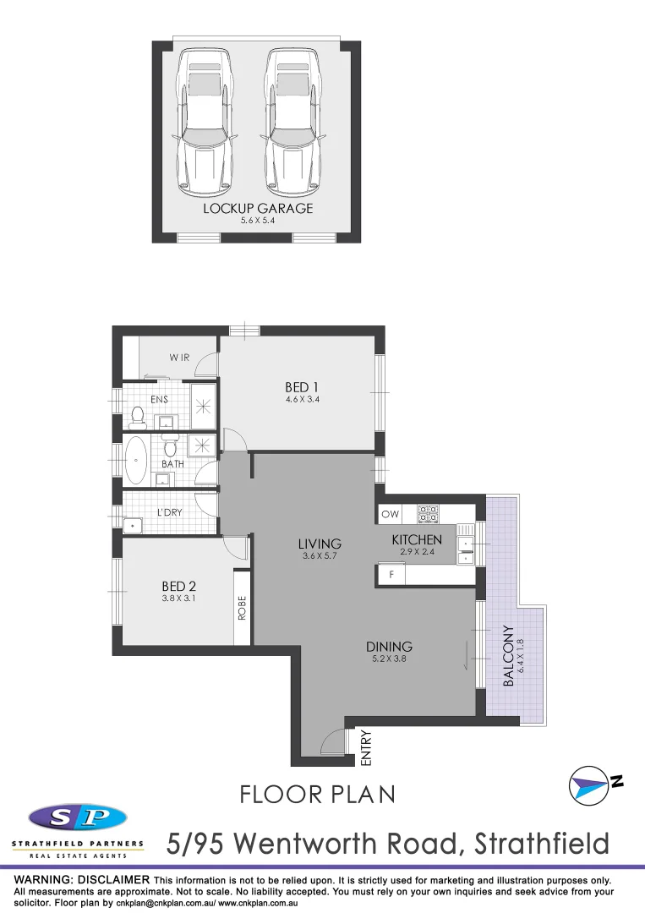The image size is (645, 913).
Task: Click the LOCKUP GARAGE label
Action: pyautogui.click(x=257, y=208)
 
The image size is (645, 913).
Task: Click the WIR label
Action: pyautogui.click(x=179, y=358)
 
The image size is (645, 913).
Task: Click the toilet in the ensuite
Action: pyautogui.click(x=137, y=415)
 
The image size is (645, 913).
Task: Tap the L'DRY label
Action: pyautogui.click(x=169, y=512)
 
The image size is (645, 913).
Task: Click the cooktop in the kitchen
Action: pyautogui.click(x=428, y=513)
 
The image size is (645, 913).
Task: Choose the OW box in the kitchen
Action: pyautogui.click(x=390, y=514)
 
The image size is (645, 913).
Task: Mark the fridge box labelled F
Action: pyautogui.click(x=391, y=575)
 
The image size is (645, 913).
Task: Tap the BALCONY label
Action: pyautogui.click(x=508, y=656)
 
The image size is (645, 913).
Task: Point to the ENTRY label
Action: pyautogui.click(x=366, y=748)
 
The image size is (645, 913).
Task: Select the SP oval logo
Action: pyautogui.click(x=78, y=817)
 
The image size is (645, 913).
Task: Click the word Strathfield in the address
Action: pyautogui.click(x=541, y=843)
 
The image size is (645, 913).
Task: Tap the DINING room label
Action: pyautogui.click(x=389, y=648)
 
